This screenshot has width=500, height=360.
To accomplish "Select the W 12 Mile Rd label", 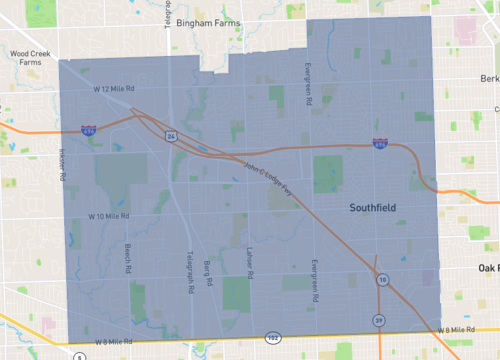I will [x=114, y=90].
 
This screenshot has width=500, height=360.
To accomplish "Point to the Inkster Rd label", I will [x=62, y=163].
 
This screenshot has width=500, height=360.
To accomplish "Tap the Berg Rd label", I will [x=210, y=273].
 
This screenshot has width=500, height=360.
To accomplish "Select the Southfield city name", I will [x=375, y=208].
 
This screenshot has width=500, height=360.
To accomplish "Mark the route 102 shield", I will [x=272, y=339].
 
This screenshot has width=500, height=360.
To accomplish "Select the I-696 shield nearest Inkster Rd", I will [x=89, y=130].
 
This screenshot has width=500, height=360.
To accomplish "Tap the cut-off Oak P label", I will [x=488, y=267].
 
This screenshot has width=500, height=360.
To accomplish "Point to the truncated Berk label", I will [x=489, y=78].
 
